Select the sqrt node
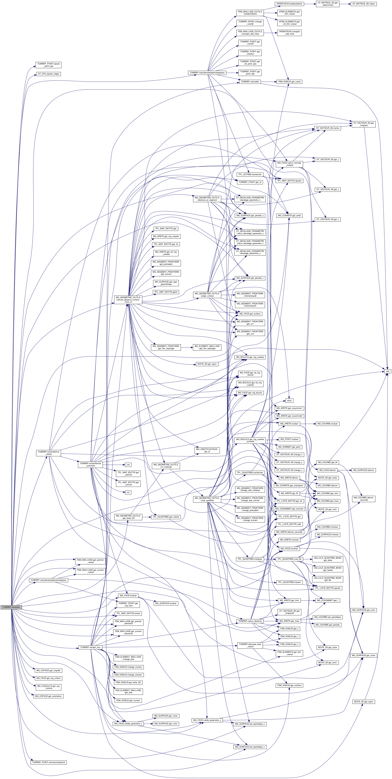click(387, 371)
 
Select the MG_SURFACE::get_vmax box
click(166, 716)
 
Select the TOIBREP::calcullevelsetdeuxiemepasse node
click(48, 580)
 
